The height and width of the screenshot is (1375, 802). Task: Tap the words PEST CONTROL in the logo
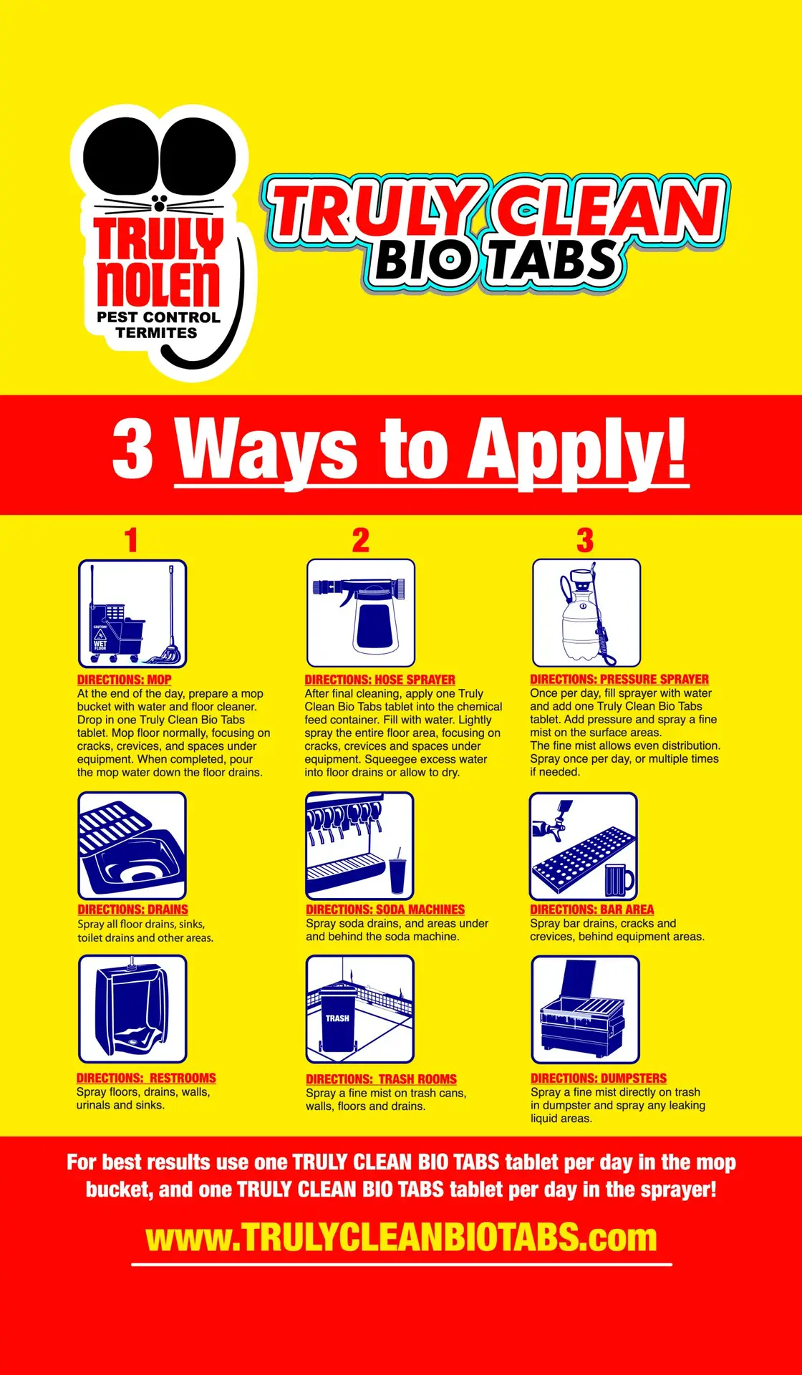(158, 317)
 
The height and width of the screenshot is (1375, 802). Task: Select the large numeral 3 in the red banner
(133, 448)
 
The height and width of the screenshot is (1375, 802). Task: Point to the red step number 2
(361, 540)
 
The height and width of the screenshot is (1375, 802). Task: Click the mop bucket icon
(132, 614)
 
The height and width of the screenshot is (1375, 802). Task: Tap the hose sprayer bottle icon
(361, 613)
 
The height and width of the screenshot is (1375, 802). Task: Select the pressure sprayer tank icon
(586, 613)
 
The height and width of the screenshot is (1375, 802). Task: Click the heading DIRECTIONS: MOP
(125, 680)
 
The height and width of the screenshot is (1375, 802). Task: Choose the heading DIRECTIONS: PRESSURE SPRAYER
(619, 679)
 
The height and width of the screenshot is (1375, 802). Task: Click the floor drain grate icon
(132, 846)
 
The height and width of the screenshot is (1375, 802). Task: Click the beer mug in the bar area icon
(619, 879)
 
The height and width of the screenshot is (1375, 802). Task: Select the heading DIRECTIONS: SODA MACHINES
(385, 910)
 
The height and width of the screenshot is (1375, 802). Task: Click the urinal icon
(132, 1009)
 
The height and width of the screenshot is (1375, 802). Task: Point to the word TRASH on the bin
(337, 1018)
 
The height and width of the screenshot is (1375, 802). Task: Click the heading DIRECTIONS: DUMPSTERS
(599, 1078)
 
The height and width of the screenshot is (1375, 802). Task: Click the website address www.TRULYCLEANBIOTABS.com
(401, 1237)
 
